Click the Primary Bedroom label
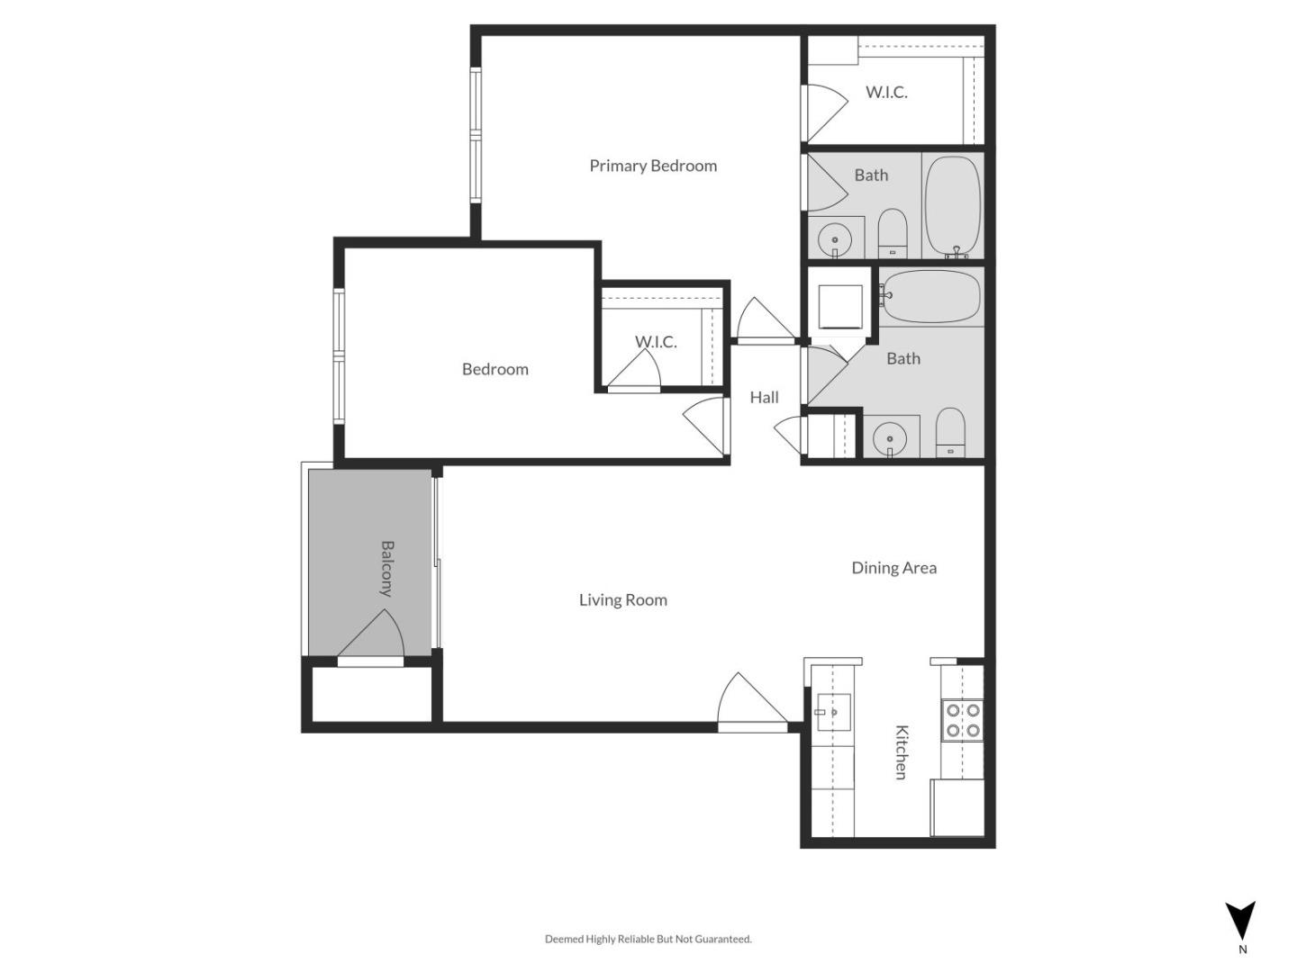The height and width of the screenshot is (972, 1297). (653, 166)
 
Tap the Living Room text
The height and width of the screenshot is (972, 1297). (622, 599)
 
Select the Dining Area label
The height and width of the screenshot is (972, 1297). (893, 568)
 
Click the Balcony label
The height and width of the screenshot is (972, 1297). (387, 569)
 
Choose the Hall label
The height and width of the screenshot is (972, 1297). (764, 397)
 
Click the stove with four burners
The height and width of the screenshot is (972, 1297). (962, 720)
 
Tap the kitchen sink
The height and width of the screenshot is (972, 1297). (833, 713)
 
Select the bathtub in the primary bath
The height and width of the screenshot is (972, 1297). (953, 207)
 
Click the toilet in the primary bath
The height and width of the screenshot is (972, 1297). (893, 233)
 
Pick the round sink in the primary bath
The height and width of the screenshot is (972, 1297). (834, 239)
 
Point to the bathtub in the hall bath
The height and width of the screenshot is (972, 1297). (930, 296)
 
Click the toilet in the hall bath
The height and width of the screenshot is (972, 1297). (950, 432)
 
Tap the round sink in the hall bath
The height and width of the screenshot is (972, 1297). (890, 438)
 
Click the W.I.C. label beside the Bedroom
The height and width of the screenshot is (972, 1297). (656, 342)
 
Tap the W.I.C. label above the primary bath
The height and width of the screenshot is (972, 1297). (886, 92)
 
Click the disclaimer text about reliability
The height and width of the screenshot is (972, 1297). (648, 939)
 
